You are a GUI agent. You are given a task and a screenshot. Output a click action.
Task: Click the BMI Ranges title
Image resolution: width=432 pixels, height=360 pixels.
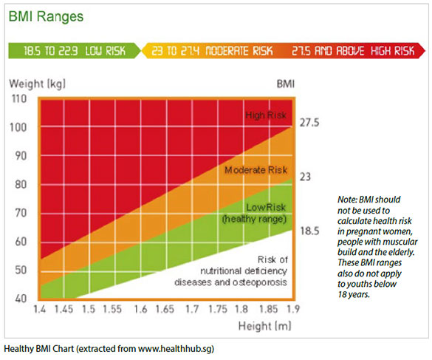(46, 16)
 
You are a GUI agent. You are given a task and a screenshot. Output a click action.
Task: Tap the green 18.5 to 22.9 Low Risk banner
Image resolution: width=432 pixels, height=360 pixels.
(75, 51)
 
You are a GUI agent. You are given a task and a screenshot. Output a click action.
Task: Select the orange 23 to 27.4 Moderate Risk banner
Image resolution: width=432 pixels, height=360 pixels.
(213, 51)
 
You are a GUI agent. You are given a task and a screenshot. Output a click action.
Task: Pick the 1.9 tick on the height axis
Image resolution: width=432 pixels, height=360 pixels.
(293, 309)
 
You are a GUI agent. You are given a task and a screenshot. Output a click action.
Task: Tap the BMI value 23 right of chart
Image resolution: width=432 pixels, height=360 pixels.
(306, 177)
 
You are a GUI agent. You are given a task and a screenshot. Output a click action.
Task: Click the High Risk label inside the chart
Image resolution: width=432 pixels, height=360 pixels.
(267, 115)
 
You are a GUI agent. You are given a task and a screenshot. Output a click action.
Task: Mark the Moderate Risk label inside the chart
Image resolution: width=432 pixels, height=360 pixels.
(256, 170)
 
